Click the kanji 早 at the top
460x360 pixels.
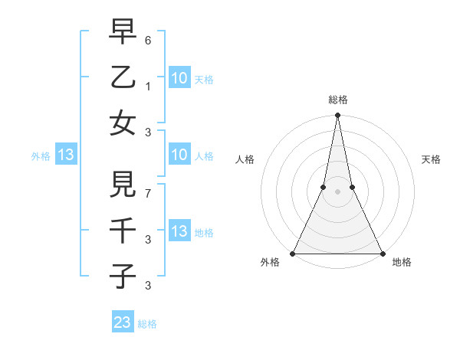[x=123, y=33]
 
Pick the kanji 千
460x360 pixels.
[x=123, y=230]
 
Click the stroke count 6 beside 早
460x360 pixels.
[x=149, y=39]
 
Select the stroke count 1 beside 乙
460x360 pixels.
[x=149, y=85]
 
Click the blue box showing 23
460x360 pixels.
[x=123, y=322]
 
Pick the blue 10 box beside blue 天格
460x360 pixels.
[x=179, y=77]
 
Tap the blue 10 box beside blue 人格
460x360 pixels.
[x=179, y=155]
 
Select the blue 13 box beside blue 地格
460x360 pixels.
[x=179, y=231]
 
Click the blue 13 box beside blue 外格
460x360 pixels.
[x=66, y=155]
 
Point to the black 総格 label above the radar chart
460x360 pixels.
[x=338, y=100]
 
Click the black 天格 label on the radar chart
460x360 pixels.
[x=432, y=159]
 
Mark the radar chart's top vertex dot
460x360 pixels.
[x=337, y=116]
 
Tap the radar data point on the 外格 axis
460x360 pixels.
[x=293, y=253]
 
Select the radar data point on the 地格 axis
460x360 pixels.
[x=382, y=253]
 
